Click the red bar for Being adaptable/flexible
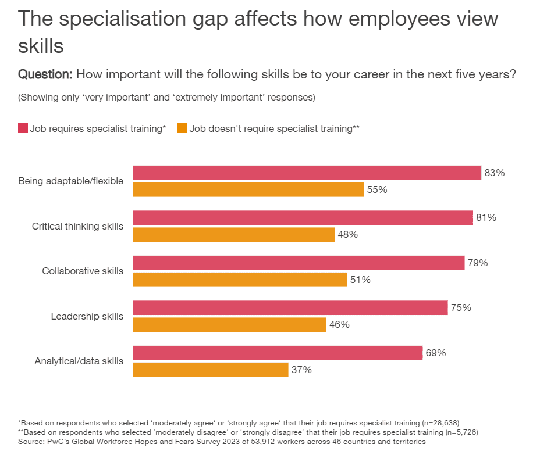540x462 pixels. (307, 173)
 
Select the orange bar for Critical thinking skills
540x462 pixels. (234, 235)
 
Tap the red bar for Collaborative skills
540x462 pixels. (299, 263)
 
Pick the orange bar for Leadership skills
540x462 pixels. (229, 325)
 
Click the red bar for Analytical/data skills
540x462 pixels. (278, 353)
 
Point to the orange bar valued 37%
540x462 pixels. (211, 370)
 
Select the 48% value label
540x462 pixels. (348, 235)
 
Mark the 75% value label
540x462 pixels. (461, 308)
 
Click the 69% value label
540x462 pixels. (436, 353)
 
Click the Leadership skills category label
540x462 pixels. (87, 316)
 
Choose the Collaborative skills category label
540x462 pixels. (83, 271)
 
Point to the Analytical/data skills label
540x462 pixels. (79, 361)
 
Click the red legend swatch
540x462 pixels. (23, 128)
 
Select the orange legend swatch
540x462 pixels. (182, 128)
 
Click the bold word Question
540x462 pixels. (45, 74)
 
